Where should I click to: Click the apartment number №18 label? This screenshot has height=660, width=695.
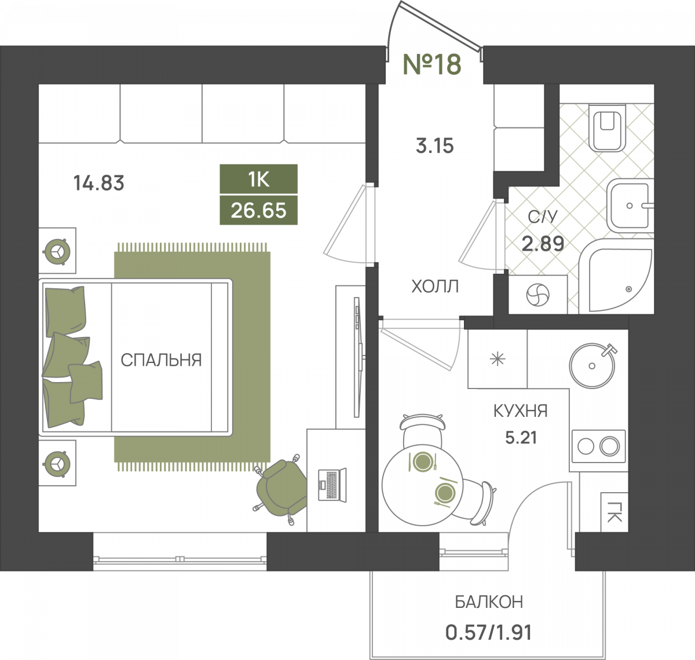(x=432, y=64)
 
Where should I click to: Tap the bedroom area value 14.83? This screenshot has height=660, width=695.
(x=98, y=183)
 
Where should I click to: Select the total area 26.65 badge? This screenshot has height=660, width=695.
(x=258, y=210)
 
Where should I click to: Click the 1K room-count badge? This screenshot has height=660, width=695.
(x=258, y=179)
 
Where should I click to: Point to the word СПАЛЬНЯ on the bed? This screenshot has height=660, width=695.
(x=161, y=360)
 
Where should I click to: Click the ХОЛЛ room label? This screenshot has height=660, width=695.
(x=435, y=287)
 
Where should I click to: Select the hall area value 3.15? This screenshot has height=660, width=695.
(x=435, y=146)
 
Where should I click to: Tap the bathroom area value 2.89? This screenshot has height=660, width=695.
(x=543, y=244)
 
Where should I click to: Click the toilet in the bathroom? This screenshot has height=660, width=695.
(x=608, y=127)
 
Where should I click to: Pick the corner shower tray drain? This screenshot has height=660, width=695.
(x=628, y=289)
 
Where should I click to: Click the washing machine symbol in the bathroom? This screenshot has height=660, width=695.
(x=537, y=295)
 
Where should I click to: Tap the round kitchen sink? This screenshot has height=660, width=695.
(x=592, y=366)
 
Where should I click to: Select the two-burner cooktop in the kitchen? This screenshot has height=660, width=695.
(x=599, y=446)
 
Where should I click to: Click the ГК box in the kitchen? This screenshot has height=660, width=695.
(x=614, y=512)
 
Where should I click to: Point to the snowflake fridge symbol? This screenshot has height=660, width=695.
(x=498, y=360)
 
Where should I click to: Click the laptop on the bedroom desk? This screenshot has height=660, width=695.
(x=332, y=485)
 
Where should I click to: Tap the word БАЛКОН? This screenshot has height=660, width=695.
(x=489, y=602)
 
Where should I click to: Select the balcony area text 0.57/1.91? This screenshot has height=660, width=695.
(x=489, y=632)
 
